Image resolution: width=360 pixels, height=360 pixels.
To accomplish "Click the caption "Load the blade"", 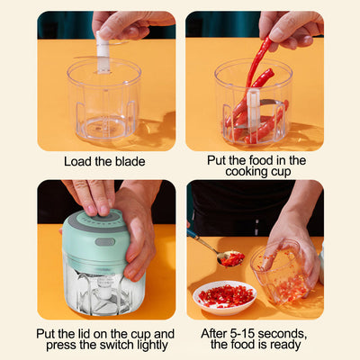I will (104, 161).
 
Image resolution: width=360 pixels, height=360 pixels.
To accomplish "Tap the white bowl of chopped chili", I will (225, 296).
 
